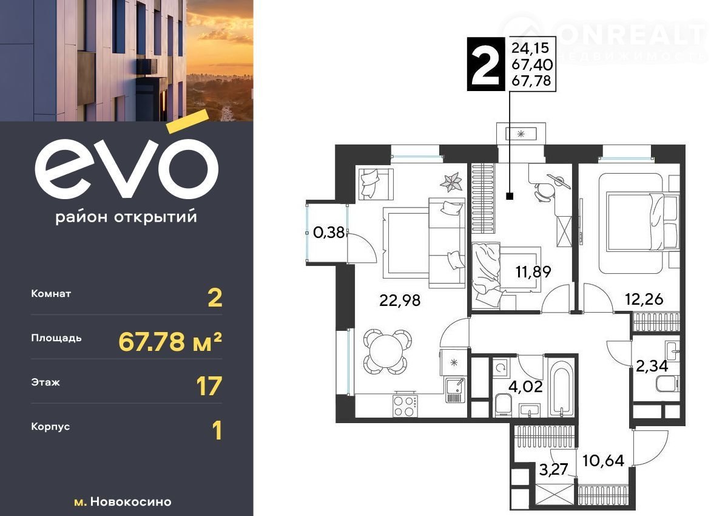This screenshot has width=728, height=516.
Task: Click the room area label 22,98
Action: point(399,300)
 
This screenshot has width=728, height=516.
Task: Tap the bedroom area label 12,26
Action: point(644,299)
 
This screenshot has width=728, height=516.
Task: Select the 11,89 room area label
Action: point(533,272)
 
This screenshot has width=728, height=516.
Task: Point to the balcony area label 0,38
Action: point(329,233)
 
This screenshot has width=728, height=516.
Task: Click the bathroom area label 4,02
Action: point(525,387)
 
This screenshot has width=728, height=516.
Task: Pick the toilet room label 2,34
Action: point(652,366)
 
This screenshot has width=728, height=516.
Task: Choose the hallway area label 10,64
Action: point(603,461)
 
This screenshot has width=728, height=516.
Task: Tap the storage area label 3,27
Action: point(553,469)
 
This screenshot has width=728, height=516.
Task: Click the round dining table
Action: point(388,351)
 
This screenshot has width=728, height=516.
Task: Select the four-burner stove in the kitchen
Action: point(405,406)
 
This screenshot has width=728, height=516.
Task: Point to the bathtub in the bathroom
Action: point(561,389)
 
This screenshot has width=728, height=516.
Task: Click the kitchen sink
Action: point(454,390)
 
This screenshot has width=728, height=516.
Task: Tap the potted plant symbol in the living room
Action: point(451,182)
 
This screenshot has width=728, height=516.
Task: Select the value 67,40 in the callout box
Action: point(532,65)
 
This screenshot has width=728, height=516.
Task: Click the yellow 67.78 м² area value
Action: point(170,342)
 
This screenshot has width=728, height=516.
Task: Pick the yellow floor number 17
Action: point(209,386)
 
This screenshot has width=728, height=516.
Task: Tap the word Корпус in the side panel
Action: point(50,427)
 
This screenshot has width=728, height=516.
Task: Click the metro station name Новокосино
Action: point(130,501)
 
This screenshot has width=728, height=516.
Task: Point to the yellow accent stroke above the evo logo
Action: point(187,121)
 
